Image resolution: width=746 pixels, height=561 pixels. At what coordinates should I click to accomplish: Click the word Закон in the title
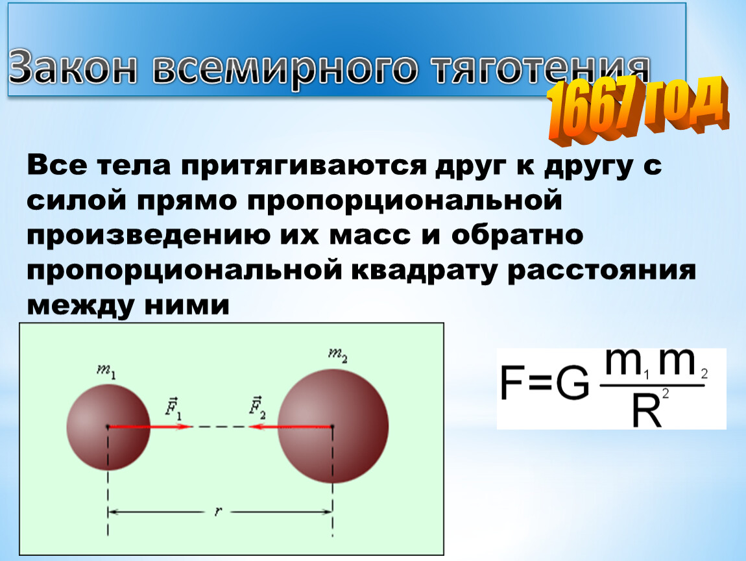(73, 68)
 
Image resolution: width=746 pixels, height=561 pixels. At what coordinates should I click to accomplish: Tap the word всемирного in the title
(285, 69)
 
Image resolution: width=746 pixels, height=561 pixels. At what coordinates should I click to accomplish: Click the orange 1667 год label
(638, 110)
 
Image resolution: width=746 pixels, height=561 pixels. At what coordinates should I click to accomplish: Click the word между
(80, 306)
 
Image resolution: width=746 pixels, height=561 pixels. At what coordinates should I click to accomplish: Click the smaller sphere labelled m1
(108, 427)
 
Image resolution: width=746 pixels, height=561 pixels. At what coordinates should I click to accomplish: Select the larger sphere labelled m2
(333, 426)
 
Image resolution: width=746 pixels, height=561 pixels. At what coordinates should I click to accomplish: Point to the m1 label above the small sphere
(106, 371)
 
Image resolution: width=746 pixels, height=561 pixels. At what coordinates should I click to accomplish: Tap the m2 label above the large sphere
(338, 355)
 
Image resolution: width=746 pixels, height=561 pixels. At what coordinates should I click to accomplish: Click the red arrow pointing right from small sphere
(149, 427)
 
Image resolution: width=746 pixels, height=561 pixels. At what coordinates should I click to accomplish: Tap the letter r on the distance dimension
(218, 512)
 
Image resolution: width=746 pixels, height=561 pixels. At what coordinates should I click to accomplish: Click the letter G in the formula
(572, 383)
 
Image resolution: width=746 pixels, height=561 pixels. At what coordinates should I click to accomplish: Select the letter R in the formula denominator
(647, 411)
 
